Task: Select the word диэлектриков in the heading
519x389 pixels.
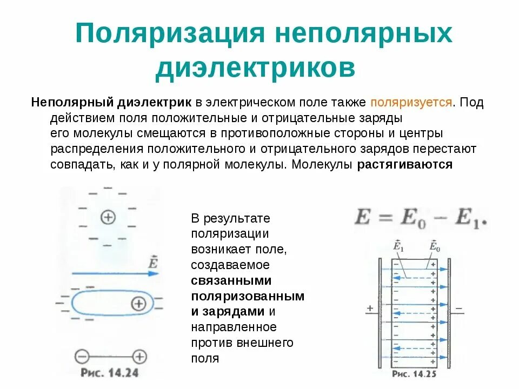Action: [x=255, y=69]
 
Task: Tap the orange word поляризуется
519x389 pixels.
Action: [x=411, y=102]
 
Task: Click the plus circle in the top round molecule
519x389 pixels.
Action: [x=108, y=217]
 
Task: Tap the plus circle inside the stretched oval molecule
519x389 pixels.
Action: [x=139, y=304]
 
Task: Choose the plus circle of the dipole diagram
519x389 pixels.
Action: [x=140, y=357]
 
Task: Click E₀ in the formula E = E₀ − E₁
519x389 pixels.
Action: [x=415, y=218]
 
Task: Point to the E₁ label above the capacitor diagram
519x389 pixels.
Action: [x=398, y=246]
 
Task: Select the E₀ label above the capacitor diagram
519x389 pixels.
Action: [x=434, y=246]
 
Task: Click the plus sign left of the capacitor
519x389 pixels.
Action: [x=370, y=308]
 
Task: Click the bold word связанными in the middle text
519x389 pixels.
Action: [x=231, y=281]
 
